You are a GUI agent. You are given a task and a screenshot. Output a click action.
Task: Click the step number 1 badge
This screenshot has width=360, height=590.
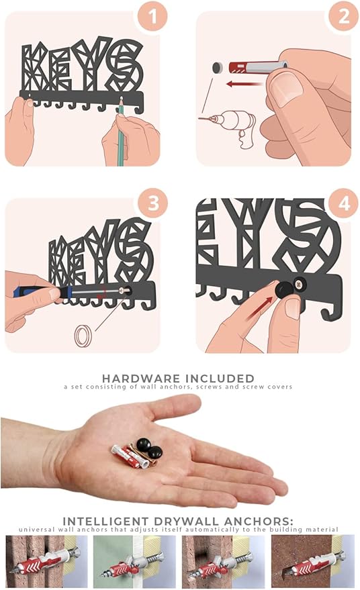pyautogui.click(x=152, y=17)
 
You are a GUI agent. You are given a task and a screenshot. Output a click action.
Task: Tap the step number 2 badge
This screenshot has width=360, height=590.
pyautogui.click(x=343, y=17)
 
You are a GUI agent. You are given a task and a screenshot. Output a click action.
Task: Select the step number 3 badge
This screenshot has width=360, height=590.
pyautogui.click(x=152, y=203)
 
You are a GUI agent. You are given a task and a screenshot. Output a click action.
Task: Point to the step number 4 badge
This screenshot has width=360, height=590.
pyautogui.click(x=343, y=203)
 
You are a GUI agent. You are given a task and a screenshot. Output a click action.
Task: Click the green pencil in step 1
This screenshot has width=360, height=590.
pyautogui.click(x=120, y=132)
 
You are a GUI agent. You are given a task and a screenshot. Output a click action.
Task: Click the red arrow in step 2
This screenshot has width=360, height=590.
pyautogui.click(x=244, y=83)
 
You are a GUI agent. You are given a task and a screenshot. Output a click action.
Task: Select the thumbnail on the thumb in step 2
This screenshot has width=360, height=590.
pyautogui.click(x=286, y=87)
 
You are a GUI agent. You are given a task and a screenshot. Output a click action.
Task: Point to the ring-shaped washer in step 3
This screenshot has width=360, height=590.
pyautogui.click(x=83, y=336)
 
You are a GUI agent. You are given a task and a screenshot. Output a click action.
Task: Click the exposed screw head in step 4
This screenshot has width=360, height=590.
pyautogui.click(x=300, y=285)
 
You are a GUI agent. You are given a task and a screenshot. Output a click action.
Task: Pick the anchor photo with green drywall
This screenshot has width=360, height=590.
pyautogui.click(x=134, y=561)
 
